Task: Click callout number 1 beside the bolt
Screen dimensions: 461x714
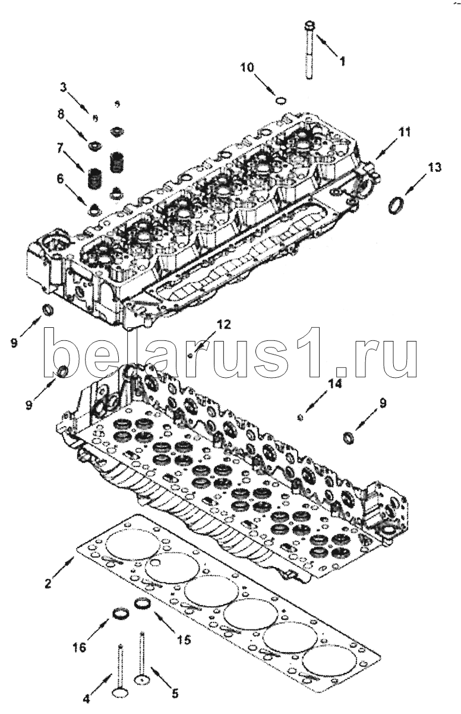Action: (x=342, y=61)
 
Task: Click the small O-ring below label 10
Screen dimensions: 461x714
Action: (x=280, y=101)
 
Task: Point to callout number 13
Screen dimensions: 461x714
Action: (x=434, y=167)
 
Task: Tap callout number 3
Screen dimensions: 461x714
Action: (x=63, y=87)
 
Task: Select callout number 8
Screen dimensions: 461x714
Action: (x=61, y=114)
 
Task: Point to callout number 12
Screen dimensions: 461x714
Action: (x=222, y=325)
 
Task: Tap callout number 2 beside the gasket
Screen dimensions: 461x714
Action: (x=48, y=584)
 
